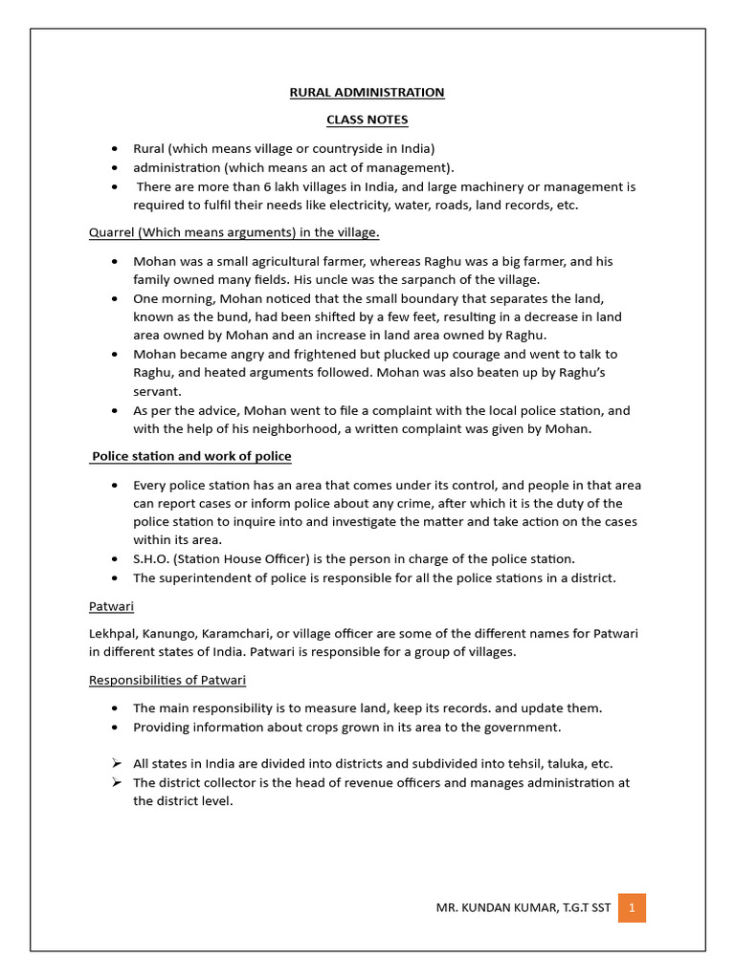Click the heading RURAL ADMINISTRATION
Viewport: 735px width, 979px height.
click(x=367, y=93)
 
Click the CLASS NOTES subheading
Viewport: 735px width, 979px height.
click(x=367, y=120)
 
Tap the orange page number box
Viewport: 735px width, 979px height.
click(x=632, y=906)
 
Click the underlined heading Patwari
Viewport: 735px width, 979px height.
click(x=111, y=606)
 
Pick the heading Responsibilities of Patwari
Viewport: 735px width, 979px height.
click(x=167, y=680)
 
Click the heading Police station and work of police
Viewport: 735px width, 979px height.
click(x=191, y=456)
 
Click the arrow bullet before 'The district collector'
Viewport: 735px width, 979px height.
click(x=115, y=782)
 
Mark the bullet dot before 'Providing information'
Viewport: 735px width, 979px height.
click(x=115, y=728)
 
